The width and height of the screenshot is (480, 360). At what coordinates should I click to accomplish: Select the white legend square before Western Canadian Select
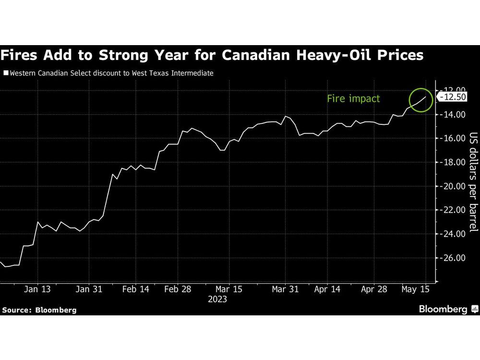click(5, 73)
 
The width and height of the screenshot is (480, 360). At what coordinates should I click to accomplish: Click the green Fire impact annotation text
click(353, 98)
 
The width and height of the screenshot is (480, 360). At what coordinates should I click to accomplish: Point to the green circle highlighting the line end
click(422, 99)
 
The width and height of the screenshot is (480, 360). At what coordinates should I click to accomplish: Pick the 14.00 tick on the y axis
click(454, 114)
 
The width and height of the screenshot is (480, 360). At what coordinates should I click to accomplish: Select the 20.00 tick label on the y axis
click(454, 186)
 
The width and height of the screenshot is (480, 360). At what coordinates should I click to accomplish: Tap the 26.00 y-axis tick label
click(454, 258)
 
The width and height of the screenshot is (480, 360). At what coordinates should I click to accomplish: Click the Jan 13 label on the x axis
click(37, 289)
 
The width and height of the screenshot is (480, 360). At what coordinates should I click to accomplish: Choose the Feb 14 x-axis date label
click(136, 289)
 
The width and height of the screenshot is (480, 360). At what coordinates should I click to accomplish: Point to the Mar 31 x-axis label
click(286, 289)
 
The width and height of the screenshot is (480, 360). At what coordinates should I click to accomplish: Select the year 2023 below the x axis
click(217, 300)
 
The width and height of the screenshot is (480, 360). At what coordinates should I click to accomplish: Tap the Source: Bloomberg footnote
click(39, 310)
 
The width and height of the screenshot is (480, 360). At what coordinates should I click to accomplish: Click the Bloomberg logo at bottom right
click(447, 309)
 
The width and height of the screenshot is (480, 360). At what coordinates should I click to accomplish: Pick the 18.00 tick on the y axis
click(454, 162)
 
